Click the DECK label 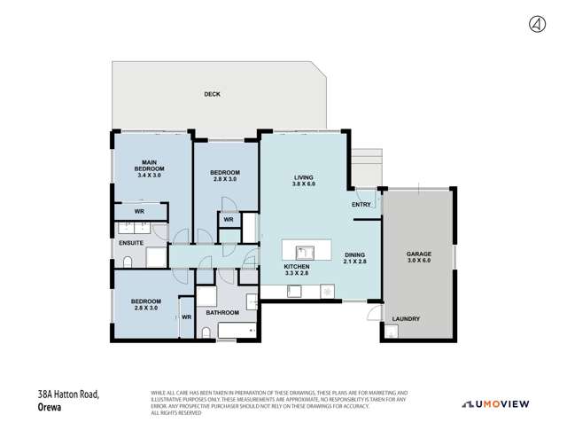click(x=212, y=94)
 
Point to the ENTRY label click(x=361, y=205)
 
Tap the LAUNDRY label click(x=406, y=319)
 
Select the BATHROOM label click(x=222, y=312)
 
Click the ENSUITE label click(x=129, y=241)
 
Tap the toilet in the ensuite click(x=128, y=260)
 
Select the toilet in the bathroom click(x=206, y=333)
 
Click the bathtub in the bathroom click(x=236, y=332)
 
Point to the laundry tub click(x=391, y=333)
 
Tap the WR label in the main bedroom click(x=140, y=212)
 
